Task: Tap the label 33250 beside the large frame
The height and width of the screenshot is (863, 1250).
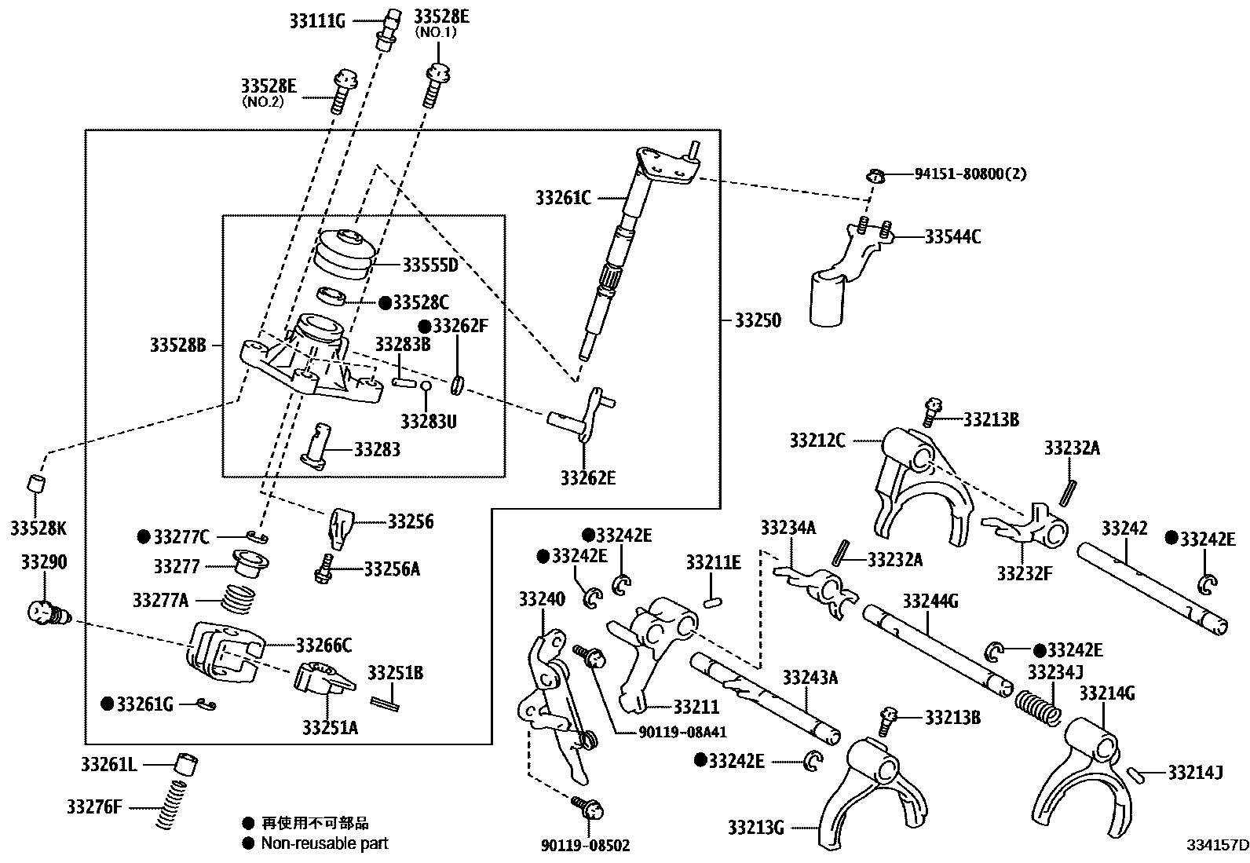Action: (758, 320)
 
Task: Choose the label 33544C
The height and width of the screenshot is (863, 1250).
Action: (952, 236)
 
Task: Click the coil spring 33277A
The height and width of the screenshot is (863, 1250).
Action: (238, 600)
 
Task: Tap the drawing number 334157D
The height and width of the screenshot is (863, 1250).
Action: (1217, 845)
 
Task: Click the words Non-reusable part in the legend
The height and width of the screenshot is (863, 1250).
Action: (324, 843)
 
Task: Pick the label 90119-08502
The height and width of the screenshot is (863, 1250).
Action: (586, 845)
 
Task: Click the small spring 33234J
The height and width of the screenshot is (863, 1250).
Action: (1038, 704)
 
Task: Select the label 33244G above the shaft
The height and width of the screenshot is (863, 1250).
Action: (930, 602)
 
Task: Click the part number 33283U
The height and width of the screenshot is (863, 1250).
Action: (428, 422)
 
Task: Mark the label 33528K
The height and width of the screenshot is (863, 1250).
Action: (38, 528)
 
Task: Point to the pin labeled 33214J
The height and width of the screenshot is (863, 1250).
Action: (1133, 773)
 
